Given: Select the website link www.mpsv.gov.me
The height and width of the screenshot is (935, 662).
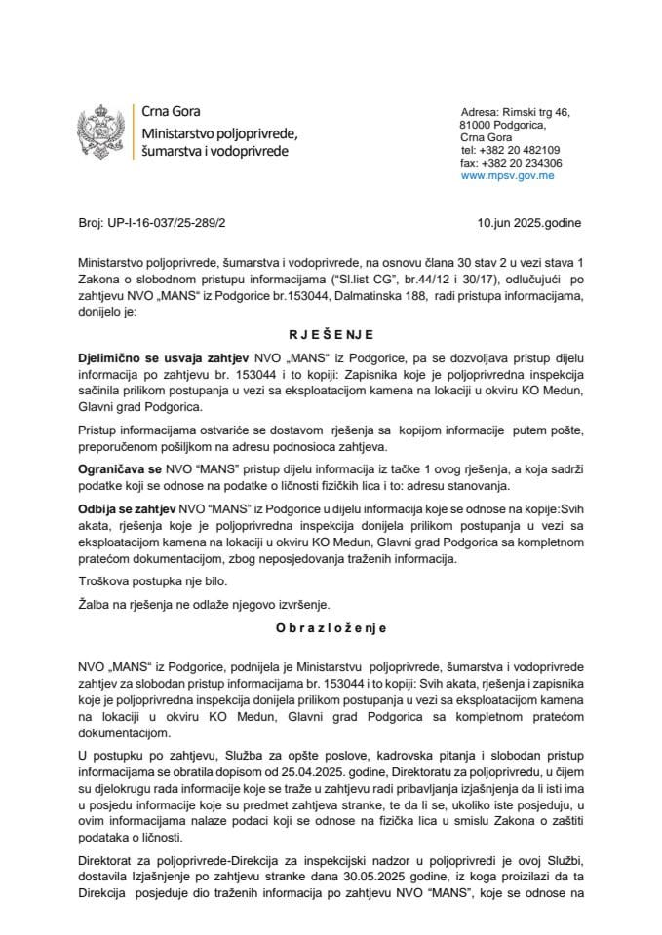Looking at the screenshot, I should [508, 176].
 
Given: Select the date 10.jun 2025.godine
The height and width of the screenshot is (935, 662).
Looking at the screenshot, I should [529, 223].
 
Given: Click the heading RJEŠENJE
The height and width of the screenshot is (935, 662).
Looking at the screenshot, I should [331, 332].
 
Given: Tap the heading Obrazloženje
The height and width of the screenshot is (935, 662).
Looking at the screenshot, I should [331, 628].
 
